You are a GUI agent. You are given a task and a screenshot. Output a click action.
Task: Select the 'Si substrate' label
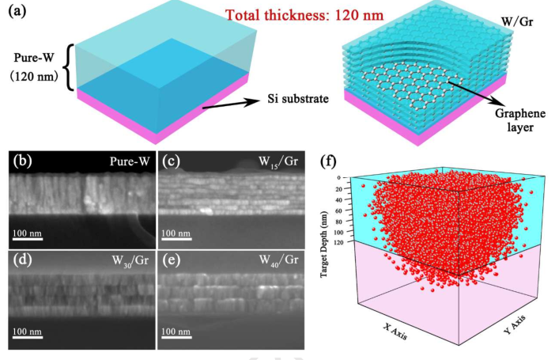coord(294,101)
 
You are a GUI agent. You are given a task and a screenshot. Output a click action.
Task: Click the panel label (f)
coord(330,161)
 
